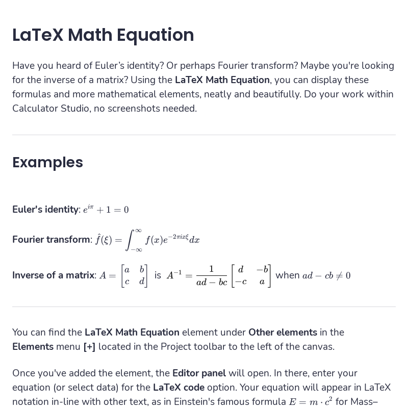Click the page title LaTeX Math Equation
pos(103,35)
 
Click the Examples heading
pos(47,162)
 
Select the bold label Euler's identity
pos(45,210)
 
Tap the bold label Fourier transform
pos(52,239)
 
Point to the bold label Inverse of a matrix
pos(54,275)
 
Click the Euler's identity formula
pos(106,209)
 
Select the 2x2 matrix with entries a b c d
pos(135,275)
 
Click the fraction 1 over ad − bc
pos(212,275)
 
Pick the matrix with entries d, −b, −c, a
pos(251,275)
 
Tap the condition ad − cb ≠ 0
pos(326,275)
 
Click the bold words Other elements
pos(283,333)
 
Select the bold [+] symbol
pos(89,347)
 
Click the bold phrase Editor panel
pos(199,373)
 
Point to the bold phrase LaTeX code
pos(178,388)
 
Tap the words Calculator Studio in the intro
pos(50,109)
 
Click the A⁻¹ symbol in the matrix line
pos(174,275)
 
